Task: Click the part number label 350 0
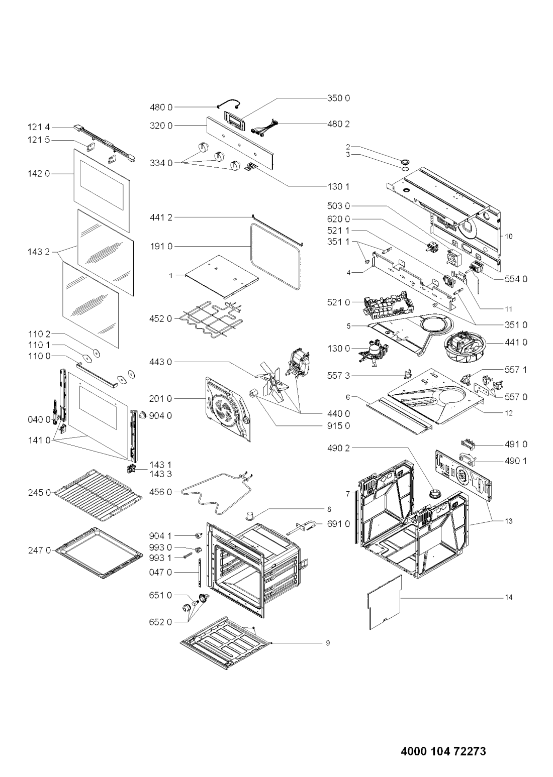(338, 98)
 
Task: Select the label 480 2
(338, 124)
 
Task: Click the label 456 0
(161, 492)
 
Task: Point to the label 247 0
(40, 550)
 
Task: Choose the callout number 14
(508, 597)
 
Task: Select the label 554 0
(516, 279)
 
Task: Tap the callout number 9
(328, 643)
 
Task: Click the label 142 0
(39, 173)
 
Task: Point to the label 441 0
(516, 343)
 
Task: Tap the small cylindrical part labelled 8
(249, 515)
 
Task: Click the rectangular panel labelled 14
(385, 603)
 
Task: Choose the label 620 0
(338, 219)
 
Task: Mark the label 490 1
(516, 461)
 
